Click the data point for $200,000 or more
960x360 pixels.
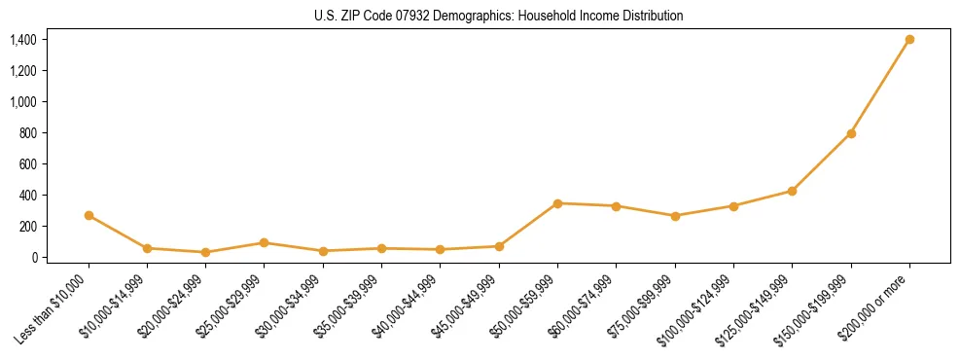tap(909, 39)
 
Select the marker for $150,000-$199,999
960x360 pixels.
tap(851, 133)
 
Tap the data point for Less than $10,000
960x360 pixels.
tap(89, 215)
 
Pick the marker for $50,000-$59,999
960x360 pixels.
tap(557, 203)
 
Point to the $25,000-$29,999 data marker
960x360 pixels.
tap(265, 242)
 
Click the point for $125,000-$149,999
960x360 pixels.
tap(792, 191)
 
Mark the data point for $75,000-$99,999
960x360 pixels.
tap(675, 216)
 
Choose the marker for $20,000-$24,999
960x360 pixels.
tap(205, 252)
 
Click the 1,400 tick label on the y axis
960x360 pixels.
tap(23, 40)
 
